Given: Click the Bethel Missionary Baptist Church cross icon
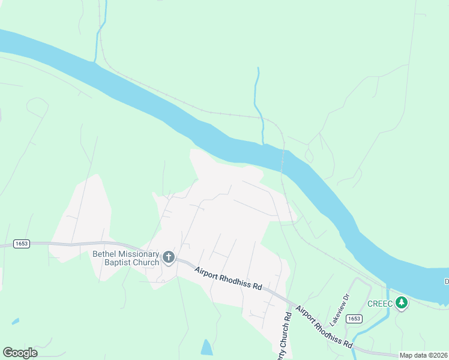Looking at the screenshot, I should pos(169,258).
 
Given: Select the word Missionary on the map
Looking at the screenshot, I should pos(139,254).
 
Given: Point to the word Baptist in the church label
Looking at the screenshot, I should pos(116,262).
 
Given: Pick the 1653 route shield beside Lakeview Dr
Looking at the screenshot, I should pos(355,319).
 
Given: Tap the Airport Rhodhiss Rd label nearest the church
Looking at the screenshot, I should pos(229,278).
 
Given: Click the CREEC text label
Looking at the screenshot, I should pos(380,304).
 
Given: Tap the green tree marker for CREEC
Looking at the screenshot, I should pos(401,303).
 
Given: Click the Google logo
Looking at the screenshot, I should pos(20,353).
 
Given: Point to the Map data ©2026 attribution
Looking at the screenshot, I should pos(424,355).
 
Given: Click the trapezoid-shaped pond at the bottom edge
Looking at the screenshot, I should pos(206,347).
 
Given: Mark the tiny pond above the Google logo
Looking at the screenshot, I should pos(15,322).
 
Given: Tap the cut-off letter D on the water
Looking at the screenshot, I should pos(447,281).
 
